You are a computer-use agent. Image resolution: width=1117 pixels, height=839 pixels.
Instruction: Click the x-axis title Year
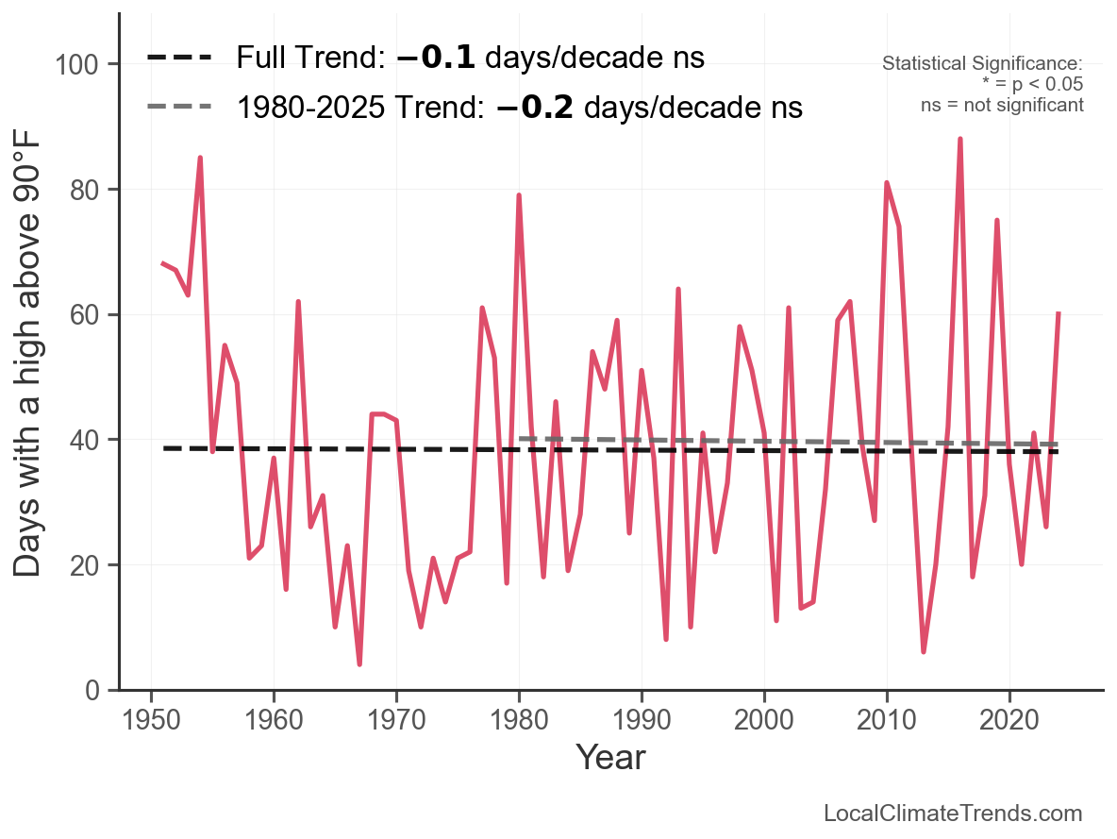(610, 757)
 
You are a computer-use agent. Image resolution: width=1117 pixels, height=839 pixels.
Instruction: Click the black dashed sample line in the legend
(179, 58)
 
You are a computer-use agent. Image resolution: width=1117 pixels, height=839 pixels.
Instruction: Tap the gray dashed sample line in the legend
(179, 108)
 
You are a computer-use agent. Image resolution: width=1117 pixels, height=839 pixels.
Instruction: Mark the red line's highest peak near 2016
(959, 140)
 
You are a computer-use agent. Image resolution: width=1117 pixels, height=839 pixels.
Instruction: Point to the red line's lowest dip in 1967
(359, 663)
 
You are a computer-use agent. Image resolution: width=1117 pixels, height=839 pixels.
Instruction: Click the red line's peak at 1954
(200, 159)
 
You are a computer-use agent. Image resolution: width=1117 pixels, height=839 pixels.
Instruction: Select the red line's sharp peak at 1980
(519, 196)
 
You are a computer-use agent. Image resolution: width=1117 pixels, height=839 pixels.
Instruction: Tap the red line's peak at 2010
(887, 183)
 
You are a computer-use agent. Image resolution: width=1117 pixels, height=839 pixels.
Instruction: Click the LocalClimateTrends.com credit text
(953, 814)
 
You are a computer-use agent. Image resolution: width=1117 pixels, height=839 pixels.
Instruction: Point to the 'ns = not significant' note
(1002, 105)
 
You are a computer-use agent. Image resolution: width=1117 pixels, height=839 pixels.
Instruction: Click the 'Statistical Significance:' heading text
(982, 64)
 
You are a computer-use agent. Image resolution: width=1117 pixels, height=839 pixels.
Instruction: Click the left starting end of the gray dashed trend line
(521, 438)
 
